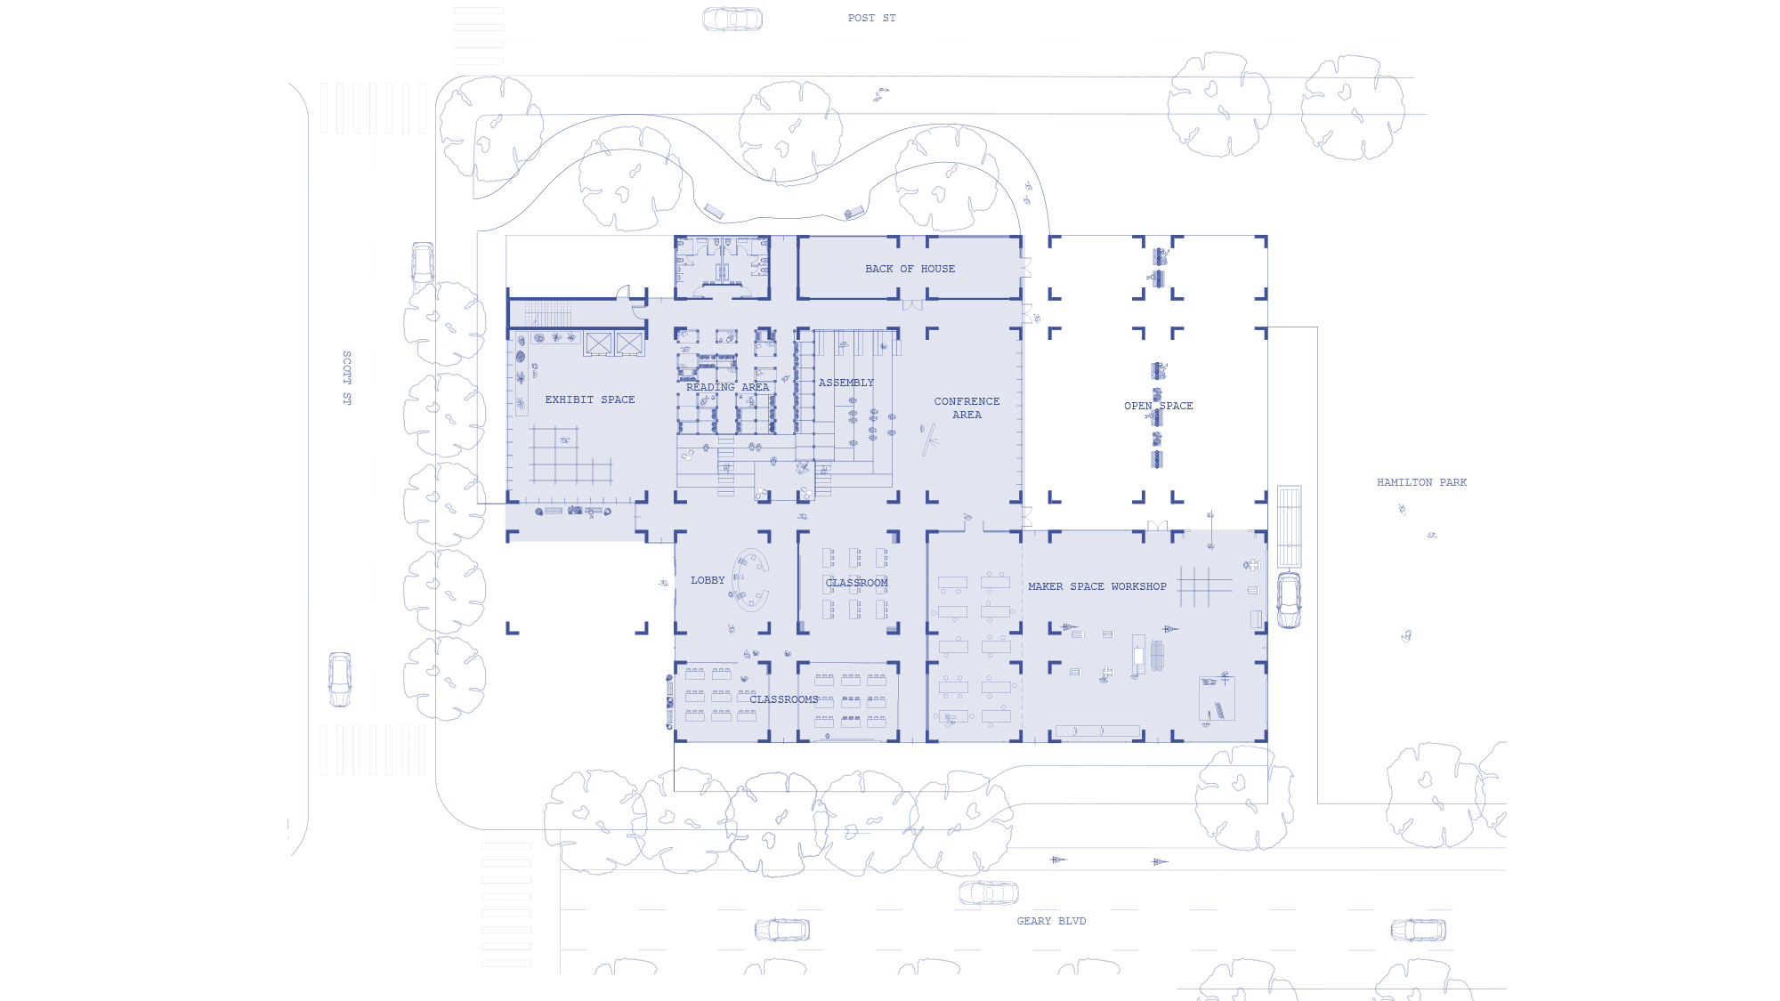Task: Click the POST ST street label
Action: click(x=871, y=18)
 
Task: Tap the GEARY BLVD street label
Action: click(x=1051, y=921)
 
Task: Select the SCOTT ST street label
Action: click(x=347, y=378)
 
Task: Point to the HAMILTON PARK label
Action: click(x=1421, y=482)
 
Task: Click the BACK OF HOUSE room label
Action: click(x=910, y=269)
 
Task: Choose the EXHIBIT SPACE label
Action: click(x=590, y=400)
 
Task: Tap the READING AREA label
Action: click(x=727, y=387)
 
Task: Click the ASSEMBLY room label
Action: click(x=846, y=383)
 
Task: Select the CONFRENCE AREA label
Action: click(x=967, y=408)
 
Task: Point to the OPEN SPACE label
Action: click(x=1158, y=406)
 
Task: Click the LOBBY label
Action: click(x=708, y=580)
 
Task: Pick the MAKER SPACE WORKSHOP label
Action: click(x=1096, y=586)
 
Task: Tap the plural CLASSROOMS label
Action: click(x=783, y=699)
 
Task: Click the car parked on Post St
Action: click(x=732, y=19)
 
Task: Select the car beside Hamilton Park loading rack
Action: click(x=1289, y=600)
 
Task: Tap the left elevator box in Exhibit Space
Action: click(x=599, y=343)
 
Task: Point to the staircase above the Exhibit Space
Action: click(x=547, y=314)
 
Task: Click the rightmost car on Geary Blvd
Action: click(x=1418, y=930)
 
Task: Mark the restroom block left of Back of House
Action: click(x=722, y=267)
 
